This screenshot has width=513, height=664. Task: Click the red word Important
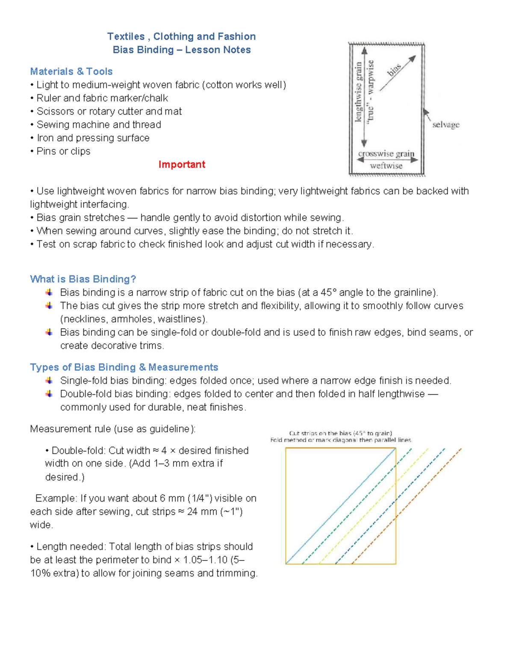pos(182,165)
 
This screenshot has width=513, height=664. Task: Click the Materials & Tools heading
pos(71,71)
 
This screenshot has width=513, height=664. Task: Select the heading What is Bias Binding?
pos(83,279)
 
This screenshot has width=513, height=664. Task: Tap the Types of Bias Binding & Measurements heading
pos(124,367)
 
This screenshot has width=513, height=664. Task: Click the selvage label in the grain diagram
pos(445,125)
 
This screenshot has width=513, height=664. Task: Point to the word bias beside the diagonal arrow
pos(394,70)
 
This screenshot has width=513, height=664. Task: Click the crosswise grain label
pos(386,153)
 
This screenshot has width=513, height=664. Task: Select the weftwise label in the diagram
pos(386,166)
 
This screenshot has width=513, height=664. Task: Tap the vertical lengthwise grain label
pos(359,92)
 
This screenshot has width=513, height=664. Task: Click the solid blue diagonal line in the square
pos(341,506)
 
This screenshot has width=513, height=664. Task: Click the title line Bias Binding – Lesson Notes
pos(182,50)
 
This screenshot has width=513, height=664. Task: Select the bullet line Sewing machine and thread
pos(99,125)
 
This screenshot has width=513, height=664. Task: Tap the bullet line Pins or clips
pos(63,151)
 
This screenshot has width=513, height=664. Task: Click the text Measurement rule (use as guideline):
pos(113,429)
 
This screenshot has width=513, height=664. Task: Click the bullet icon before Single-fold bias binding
pos(49,381)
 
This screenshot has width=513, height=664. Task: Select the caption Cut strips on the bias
pos(340,433)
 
